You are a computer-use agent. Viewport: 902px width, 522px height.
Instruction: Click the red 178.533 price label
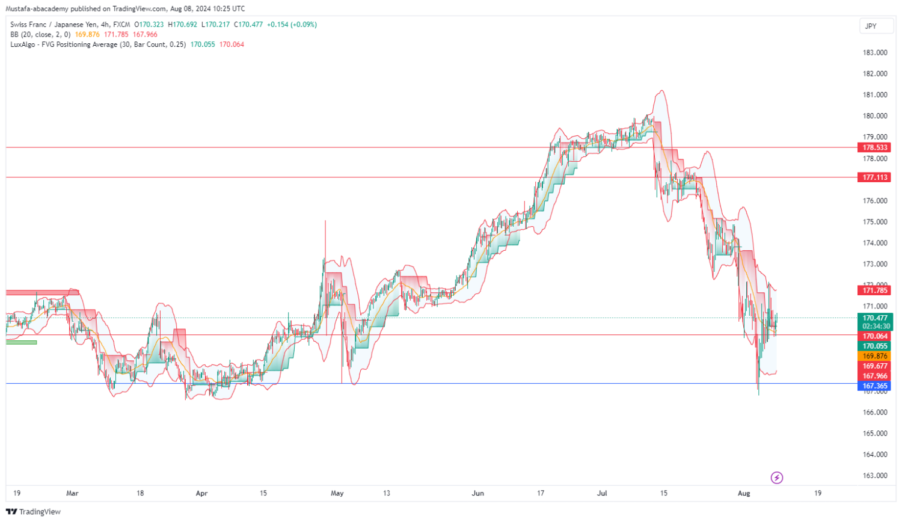click(x=875, y=147)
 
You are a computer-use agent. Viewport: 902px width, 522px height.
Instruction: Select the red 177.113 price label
click(x=875, y=177)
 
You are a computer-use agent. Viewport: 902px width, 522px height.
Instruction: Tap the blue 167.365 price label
click(x=875, y=386)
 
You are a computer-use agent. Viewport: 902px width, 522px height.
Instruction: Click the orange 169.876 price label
click(x=875, y=356)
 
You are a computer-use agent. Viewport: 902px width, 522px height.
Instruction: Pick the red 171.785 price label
click(x=875, y=290)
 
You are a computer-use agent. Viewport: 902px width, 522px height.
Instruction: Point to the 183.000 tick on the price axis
click(x=875, y=53)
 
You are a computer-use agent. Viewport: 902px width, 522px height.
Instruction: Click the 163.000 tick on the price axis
click(x=875, y=476)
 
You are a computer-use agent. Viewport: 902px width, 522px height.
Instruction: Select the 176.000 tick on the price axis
click(x=875, y=201)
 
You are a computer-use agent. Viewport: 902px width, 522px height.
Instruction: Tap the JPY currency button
click(x=871, y=26)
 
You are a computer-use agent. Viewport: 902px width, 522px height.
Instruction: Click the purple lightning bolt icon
click(x=777, y=478)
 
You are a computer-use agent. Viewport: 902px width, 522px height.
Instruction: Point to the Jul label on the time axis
click(x=602, y=493)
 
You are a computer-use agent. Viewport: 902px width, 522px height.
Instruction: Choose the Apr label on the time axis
click(x=201, y=493)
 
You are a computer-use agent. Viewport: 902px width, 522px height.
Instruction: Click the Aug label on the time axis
click(x=744, y=493)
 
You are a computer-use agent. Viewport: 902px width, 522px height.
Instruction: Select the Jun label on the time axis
click(x=477, y=493)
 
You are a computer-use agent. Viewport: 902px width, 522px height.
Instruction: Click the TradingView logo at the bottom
click(x=34, y=512)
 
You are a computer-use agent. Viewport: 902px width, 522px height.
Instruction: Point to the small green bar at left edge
click(x=22, y=342)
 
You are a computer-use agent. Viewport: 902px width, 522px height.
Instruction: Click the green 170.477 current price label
click(x=875, y=319)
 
